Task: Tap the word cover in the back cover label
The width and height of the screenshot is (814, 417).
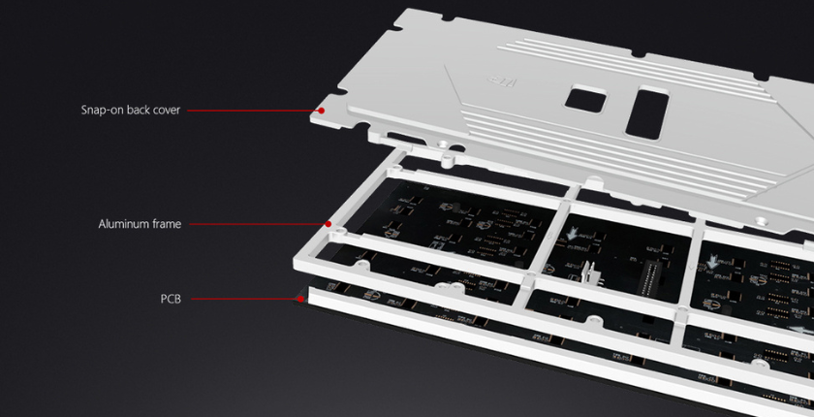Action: click(166, 111)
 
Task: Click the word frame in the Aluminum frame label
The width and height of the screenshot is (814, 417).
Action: click(166, 224)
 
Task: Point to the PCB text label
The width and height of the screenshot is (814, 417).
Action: click(171, 299)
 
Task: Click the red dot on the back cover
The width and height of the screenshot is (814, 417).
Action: click(322, 111)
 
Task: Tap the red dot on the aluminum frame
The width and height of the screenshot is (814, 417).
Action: click(329, 224)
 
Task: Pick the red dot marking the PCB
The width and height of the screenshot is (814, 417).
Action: click(300, 299)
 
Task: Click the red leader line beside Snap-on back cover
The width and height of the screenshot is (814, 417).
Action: click(253, 111)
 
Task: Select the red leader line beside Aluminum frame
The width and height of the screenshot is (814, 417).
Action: click(258, 224)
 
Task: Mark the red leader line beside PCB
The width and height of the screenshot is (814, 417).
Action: click(244, 299)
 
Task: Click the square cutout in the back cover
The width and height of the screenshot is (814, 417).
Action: click(585, 99)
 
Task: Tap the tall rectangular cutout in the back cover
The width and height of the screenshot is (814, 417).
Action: click(647, 113)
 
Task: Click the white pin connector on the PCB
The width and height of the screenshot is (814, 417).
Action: click(588, 273)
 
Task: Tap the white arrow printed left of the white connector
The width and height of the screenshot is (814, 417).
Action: click(572, 233)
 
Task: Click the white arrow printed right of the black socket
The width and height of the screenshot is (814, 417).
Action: click(713, 263)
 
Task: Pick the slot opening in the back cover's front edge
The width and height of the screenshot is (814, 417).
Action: click(400, 138)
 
